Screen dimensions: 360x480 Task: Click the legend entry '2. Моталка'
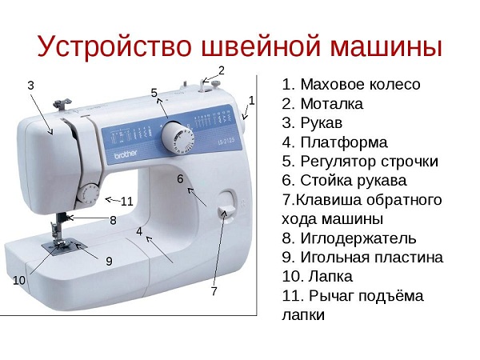point(323,103)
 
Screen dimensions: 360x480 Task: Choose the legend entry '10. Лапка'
point(318,276)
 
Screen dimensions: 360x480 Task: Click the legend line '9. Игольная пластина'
point(362,257)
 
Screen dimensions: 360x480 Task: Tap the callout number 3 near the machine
point(30,85)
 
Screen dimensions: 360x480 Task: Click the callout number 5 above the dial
point(154,93)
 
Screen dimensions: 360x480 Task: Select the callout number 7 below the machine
point(214,292)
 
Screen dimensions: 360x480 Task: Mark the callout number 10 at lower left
point(19,281)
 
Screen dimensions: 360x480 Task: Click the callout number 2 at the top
point(222,70)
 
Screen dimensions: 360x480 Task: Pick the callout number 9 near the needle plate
point(109,261)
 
